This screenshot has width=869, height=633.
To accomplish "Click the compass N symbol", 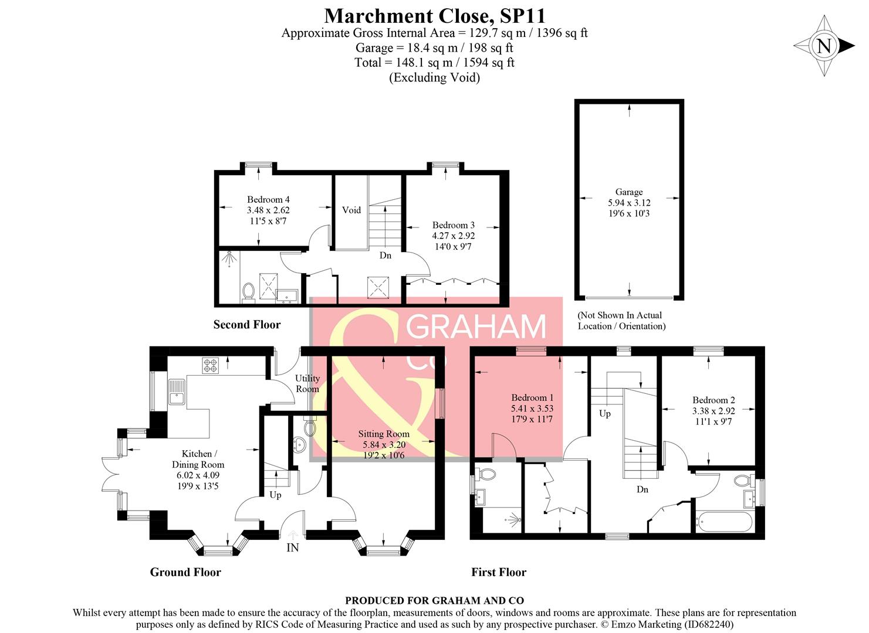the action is coord(824,46).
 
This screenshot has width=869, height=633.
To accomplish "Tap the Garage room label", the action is coord(628,192).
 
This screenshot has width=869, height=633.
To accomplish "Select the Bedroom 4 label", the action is coord(268,200).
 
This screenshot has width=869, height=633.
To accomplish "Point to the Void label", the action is coord(351,210).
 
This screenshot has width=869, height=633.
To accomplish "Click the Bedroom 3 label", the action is coord(453,225).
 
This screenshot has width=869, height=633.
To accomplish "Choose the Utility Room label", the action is coord(307,383).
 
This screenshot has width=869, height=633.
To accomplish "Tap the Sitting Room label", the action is coord(384,434).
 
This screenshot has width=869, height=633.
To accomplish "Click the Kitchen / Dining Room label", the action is coord(198,459).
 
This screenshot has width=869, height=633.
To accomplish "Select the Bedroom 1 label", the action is coord(532,398).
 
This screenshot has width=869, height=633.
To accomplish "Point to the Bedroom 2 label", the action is coord(714,400).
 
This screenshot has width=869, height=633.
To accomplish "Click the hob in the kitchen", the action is coord(211,366).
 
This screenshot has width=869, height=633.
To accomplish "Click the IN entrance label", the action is coord(292,548).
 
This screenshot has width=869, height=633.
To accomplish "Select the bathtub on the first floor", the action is coord(723,522).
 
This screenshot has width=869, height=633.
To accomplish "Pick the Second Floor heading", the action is coord(246,325).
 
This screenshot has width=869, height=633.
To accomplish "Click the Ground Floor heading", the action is coord(185,573).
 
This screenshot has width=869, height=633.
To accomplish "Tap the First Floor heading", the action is coord(499,573).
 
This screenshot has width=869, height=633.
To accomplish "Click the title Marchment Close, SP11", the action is coord(435,15).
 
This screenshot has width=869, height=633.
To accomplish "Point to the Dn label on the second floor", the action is coord(385,256).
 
